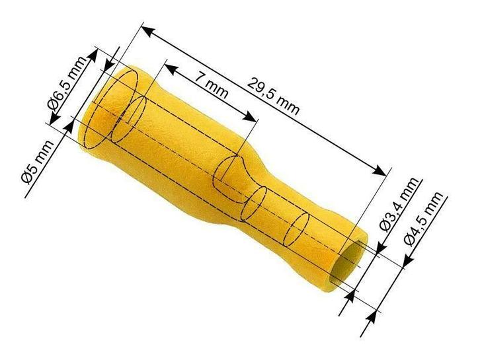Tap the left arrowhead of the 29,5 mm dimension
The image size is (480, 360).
(147, 30)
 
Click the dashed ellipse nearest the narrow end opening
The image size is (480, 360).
(294, 228)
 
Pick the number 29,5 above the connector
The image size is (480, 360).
(262, 89)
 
